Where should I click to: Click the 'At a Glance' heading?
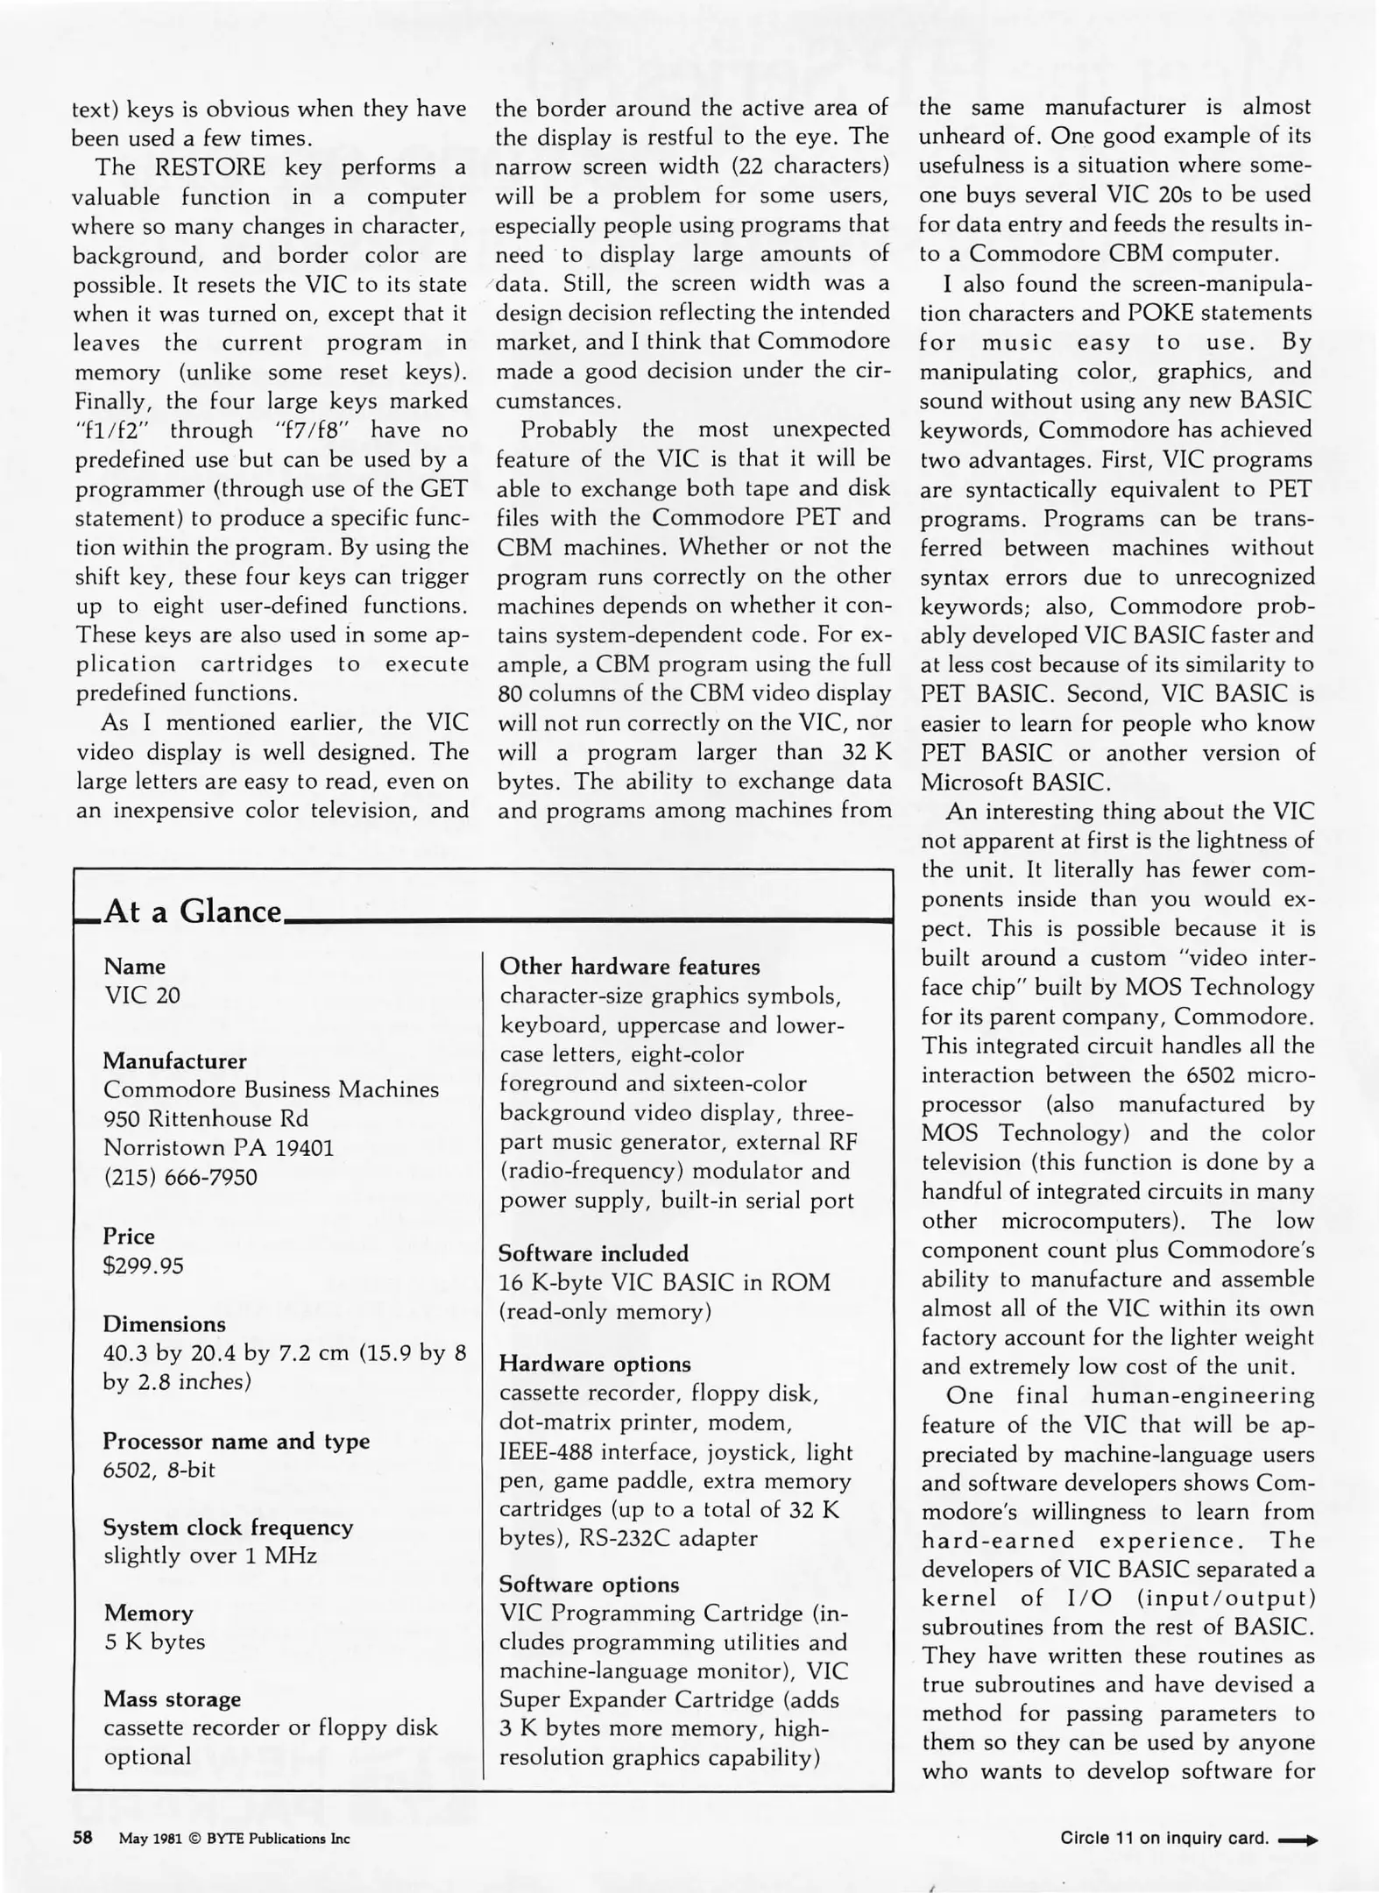192,911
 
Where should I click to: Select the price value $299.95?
144,1266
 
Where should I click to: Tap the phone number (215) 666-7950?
180,1177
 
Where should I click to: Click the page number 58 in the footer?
82,1839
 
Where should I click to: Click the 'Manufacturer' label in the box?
174,1060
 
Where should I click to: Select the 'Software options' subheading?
589,1585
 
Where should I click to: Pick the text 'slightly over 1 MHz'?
210,1556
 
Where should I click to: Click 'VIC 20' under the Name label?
142,996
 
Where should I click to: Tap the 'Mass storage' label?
172,1698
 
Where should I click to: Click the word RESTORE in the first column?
210,167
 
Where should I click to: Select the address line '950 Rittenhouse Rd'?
206,1118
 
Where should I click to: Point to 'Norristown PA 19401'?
218,1147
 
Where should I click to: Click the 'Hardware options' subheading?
595,1364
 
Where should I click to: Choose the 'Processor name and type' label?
236,1441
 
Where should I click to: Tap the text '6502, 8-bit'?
159,1470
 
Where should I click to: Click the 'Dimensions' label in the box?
164,1324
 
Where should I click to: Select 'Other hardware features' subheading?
629,967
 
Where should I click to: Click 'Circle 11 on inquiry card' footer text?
1164,1838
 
